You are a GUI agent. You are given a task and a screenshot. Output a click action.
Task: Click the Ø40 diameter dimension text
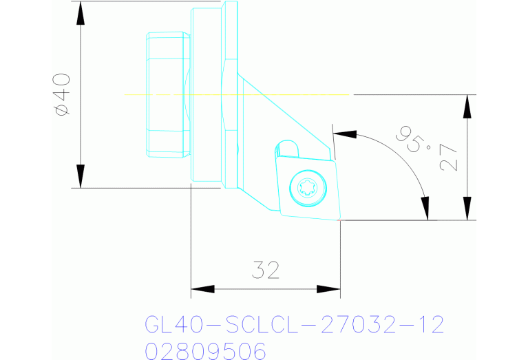(62, 94)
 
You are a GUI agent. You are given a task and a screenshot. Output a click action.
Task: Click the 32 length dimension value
(266, 271)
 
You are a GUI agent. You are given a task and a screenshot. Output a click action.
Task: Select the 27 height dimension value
(448, 157)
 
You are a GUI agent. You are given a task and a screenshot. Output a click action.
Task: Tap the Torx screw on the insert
(305, 187)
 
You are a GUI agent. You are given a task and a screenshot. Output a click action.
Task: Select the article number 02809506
(205, 351)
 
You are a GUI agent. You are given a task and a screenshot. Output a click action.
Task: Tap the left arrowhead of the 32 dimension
(200, 288)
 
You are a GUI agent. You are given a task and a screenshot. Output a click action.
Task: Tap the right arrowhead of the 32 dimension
(330, 288)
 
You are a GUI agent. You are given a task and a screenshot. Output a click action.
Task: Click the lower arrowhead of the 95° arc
(425, 209)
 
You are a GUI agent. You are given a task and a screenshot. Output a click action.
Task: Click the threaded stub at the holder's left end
(167, 94)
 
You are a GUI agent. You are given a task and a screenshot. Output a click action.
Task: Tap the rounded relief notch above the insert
(286, 148)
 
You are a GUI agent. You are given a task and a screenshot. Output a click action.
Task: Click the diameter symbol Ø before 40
(62, 110)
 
